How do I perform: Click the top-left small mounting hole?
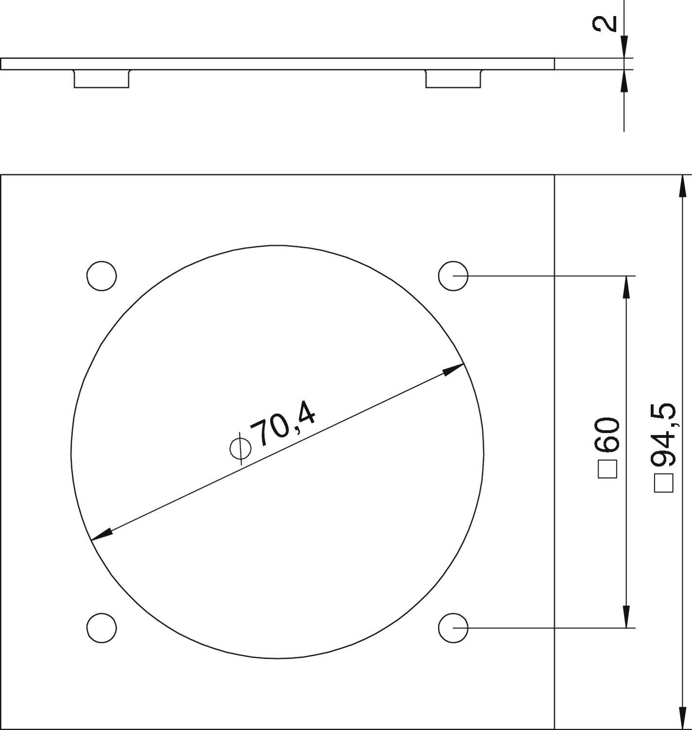(x=102, y=276)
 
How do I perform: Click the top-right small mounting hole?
(x=453, y=276)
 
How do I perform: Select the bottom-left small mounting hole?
(x=102, y=627)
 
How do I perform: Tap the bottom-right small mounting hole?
(x=453, y=627)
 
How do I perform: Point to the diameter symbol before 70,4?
(x=240, y=448)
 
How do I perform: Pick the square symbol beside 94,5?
(x=664, y=483)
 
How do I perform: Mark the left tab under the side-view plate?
(x=102, y=79)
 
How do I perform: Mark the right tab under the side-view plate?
(x=453, y=79)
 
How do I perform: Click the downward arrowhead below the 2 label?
(x=624, y=48)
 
